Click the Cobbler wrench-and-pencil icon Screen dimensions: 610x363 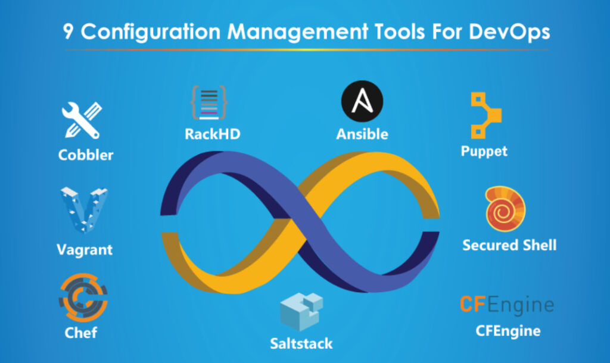coord(82,120)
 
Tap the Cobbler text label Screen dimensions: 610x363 coord(86,155)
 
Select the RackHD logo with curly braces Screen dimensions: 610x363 coord(209,102)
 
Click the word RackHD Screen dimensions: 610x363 coord(213,134)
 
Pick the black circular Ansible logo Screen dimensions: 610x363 coord(362,101)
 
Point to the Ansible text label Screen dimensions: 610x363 coord(362,134)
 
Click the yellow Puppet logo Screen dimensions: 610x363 coord(485,115)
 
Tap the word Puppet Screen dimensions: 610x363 coord(484,151)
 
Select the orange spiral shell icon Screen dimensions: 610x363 coord(505,209)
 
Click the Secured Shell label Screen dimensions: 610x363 coord(509,245)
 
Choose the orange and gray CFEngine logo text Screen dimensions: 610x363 coord(507,304)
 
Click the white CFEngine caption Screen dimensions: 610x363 coord(508,331)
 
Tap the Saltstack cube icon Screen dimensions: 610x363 coord(301,311)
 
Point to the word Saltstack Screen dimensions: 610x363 coord(301,343)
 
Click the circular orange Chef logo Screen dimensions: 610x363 coord(83,298)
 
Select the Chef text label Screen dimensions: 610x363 coord(81,333)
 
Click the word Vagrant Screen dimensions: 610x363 coord(85,249)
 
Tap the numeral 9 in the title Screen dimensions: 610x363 coord(68,32)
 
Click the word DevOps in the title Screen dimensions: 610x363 coord(509,32)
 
